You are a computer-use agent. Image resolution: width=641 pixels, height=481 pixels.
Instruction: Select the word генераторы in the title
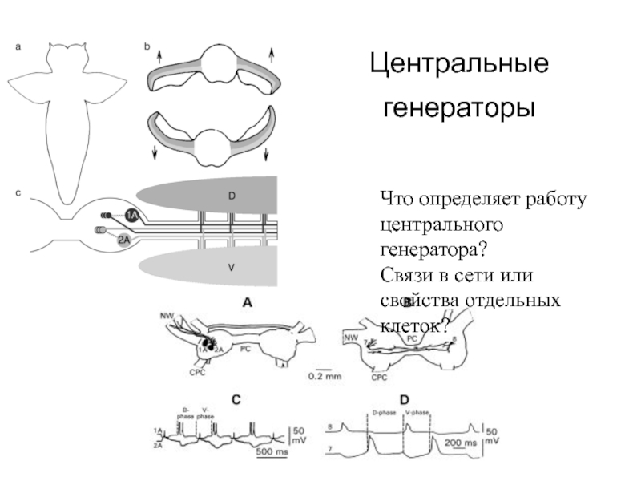point(458,106)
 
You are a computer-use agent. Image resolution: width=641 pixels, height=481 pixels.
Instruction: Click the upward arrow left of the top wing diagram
point(159,56)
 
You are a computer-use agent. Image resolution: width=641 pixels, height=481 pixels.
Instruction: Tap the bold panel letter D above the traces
point(405,398)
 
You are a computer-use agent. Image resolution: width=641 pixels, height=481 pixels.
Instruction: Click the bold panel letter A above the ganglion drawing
point(248,302)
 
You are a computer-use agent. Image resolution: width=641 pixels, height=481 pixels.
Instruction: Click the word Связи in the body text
point(408,274)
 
